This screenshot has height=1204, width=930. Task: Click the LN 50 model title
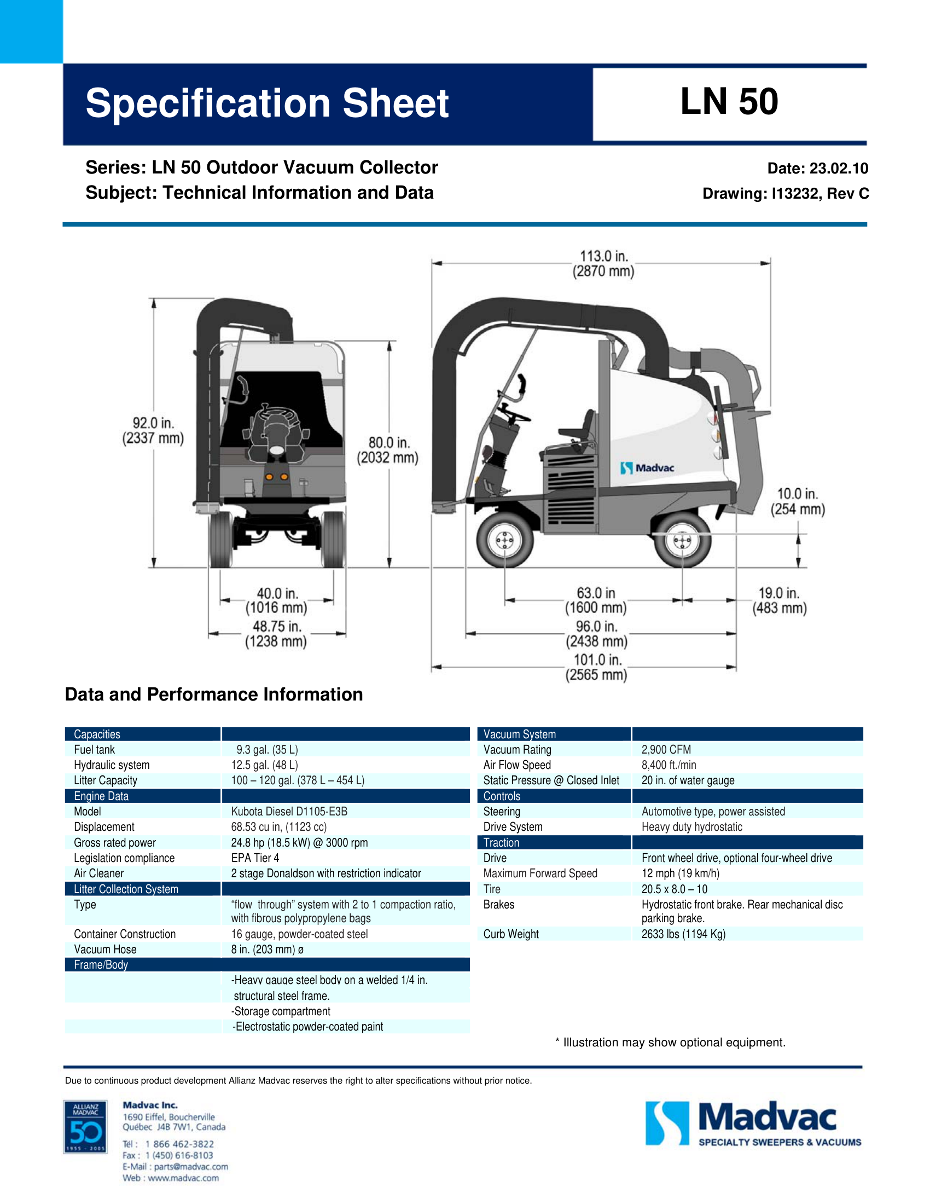pyautogui.click(x=729, y=101)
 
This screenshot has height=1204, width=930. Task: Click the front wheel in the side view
pyautogui.click(x=504, y=540)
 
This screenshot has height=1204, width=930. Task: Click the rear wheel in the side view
pyautogui.click(x=682, y=540)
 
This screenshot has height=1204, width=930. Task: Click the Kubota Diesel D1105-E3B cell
pyautogui.click(x=289, y=812)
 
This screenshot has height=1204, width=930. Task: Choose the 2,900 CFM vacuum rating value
pyautogui.click(x=666, y=750)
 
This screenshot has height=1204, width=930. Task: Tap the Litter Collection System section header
pyautogui.click(x=126, y=889)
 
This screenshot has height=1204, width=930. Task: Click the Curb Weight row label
pyautogui.click(x=511, y=934)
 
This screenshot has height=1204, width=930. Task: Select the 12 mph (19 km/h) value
pyautogui.click(x=681, y=873)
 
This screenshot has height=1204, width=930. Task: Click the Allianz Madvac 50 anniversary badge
pyautogui.click(x=85, y=1127)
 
